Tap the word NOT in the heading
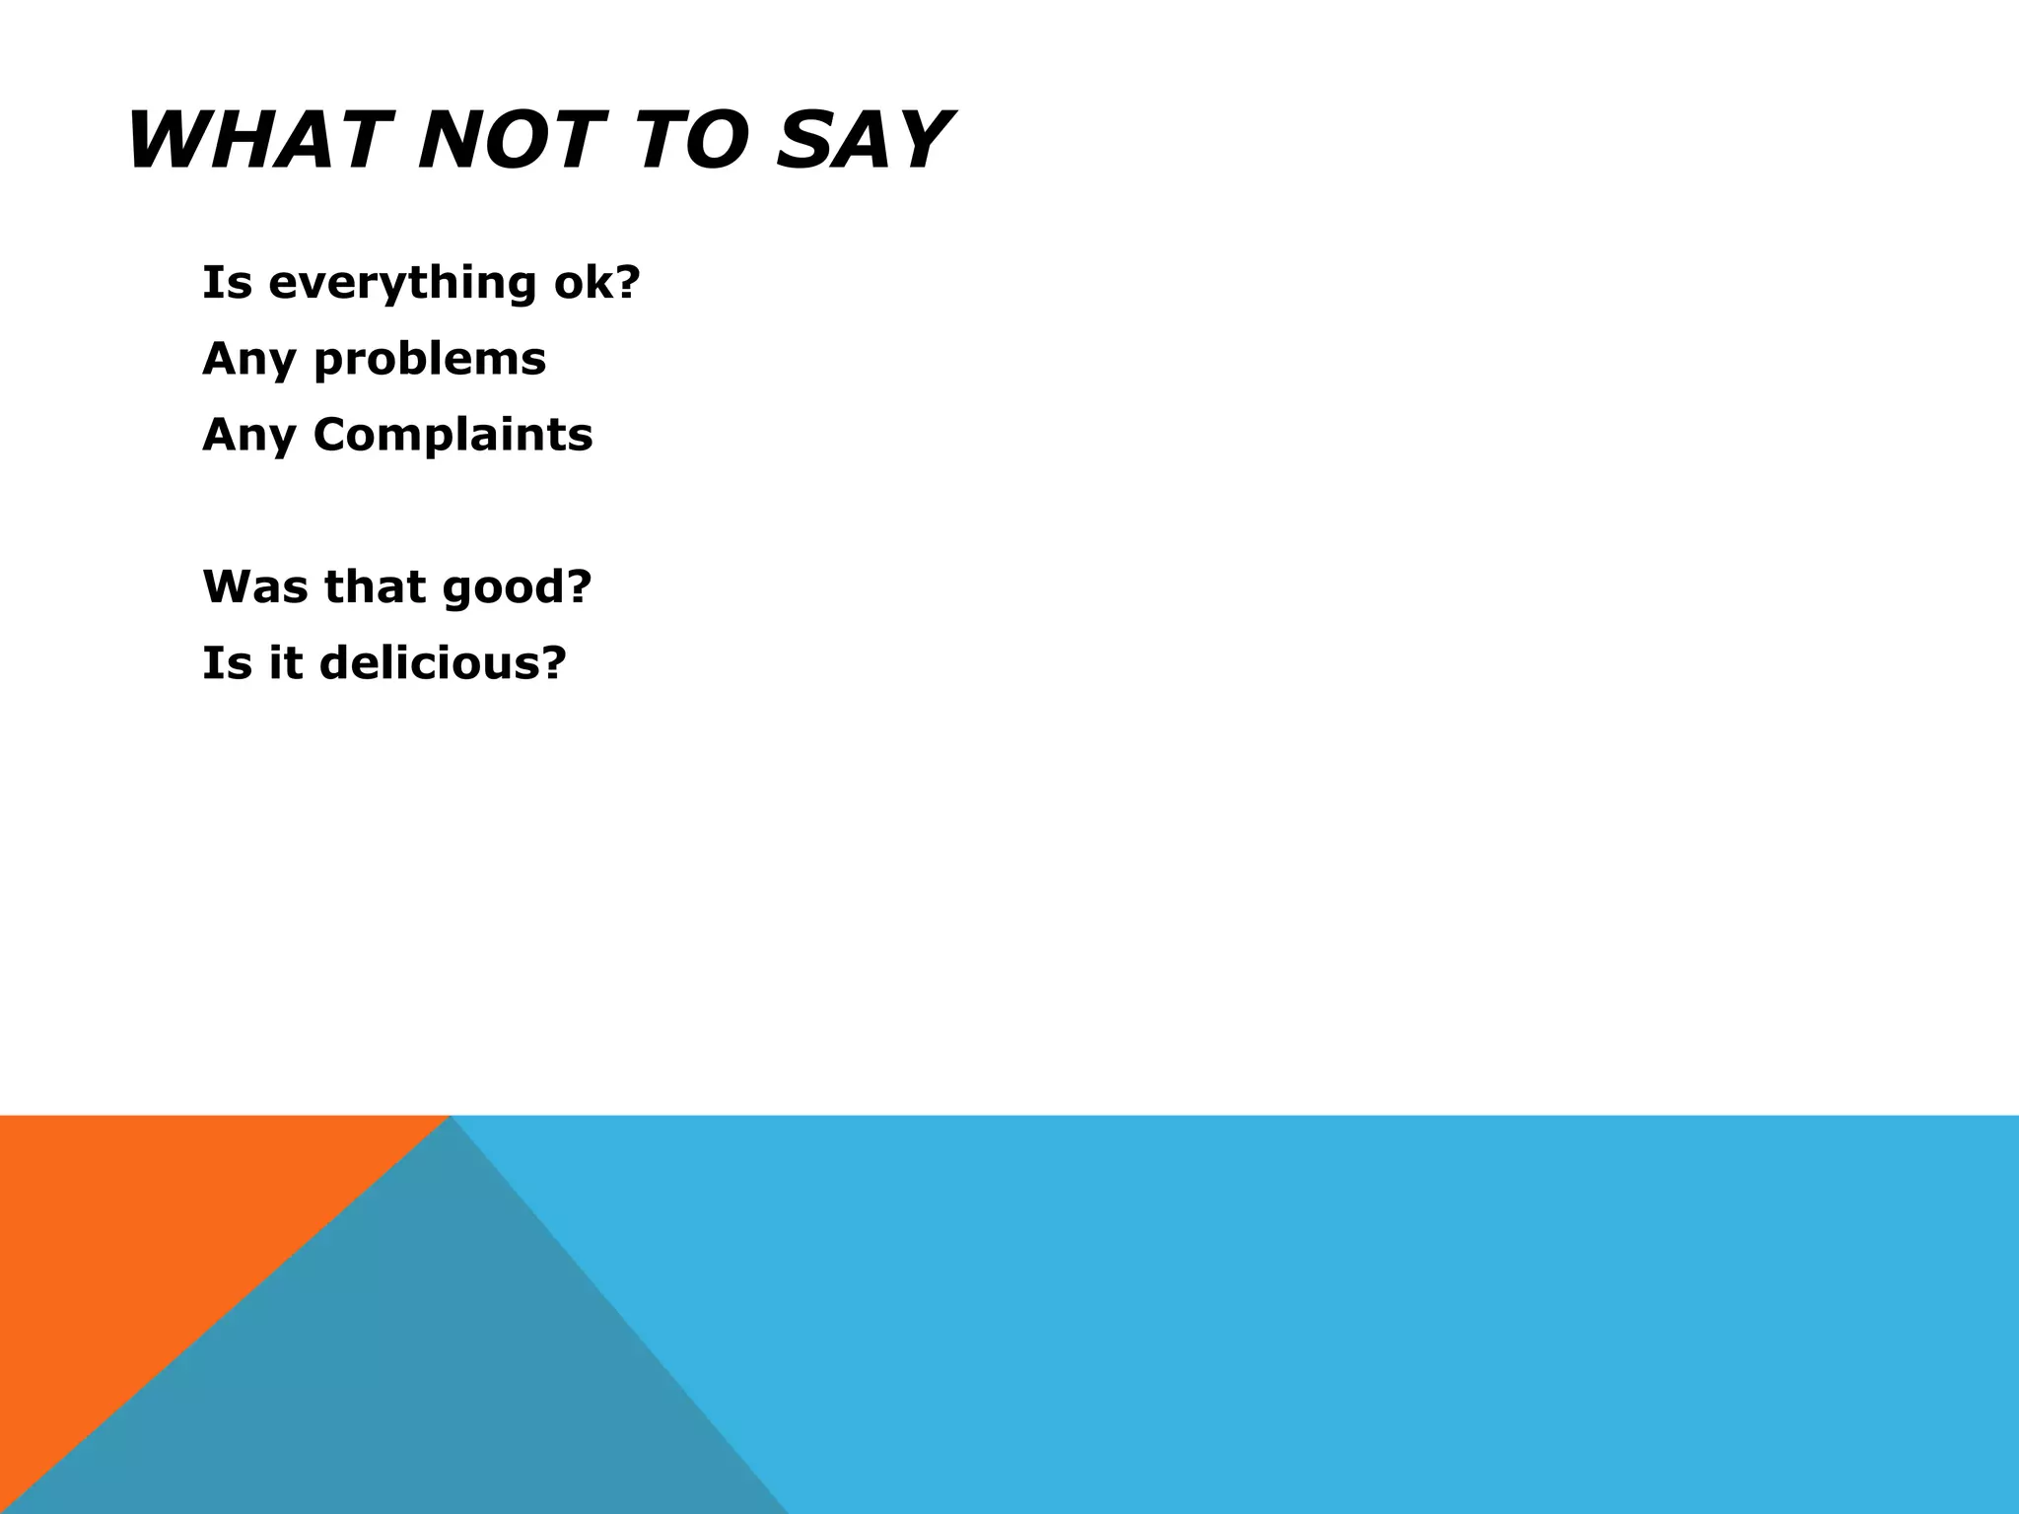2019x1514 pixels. click(509, 141)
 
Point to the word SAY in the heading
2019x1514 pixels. click(862, 141)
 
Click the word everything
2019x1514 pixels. click(402, 284)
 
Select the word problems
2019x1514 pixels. click(429, 360)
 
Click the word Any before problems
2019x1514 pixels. click(248, 360)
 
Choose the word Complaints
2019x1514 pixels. click(453, 435)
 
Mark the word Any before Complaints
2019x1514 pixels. click(248, 436)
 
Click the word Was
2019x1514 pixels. click(255, 586)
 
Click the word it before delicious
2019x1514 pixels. click(286, 662)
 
